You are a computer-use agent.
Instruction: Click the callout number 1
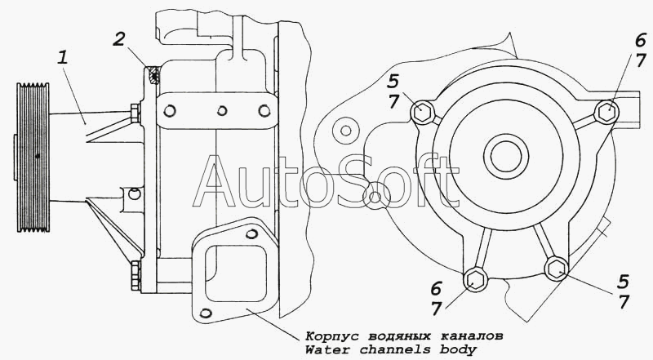tap(63, 57)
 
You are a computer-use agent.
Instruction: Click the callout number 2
tap(119, 39)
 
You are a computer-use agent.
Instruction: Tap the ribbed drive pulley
tap(33, 158)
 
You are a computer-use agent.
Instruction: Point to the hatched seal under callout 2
tap(154, 75)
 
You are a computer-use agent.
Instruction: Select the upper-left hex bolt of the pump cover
tap(422, 112)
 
